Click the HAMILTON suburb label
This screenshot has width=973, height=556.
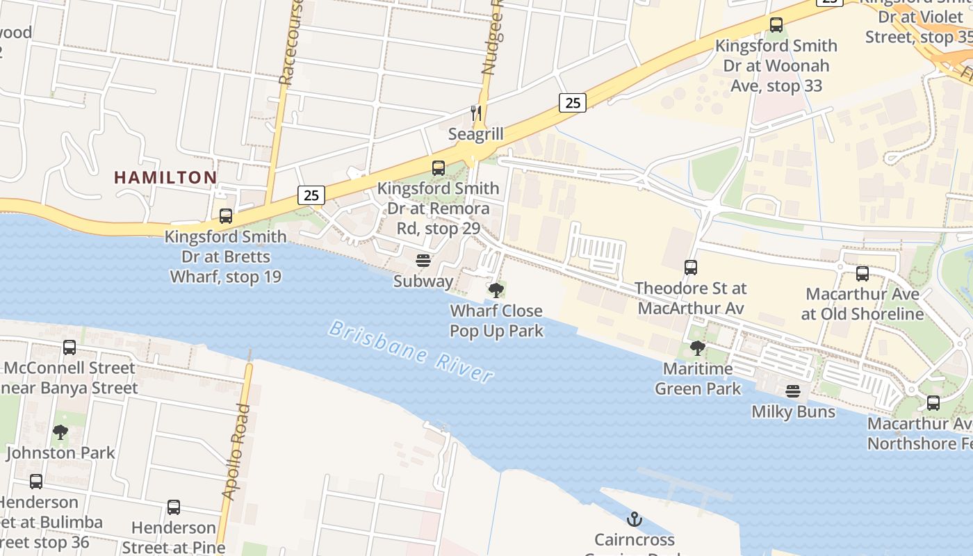coord(165,177)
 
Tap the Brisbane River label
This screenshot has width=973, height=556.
coord(411,351)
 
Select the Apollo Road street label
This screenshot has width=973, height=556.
coord(236,451)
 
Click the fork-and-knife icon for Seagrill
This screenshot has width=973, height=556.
coord(476,113)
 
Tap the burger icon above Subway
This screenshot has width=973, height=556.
coord(423,261)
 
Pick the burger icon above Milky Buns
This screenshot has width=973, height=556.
coord(793,391)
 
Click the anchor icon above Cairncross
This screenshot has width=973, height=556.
coord(634,519)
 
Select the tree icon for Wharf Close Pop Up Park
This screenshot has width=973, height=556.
coord(496,291)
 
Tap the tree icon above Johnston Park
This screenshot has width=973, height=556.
coord(60,432)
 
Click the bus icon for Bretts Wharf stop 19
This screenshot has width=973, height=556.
coord(226,216)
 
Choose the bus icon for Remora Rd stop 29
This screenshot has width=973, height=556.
coord(439,167)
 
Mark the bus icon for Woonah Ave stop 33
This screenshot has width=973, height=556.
coord(776,25)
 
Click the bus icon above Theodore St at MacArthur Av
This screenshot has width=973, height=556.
coord(690,268)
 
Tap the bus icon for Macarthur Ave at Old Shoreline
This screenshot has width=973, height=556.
coord(862,274)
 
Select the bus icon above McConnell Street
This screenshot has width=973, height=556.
coord(69,347)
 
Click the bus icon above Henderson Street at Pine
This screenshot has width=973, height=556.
coord(174,507)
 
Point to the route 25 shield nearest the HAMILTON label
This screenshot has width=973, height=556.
coord(311,195)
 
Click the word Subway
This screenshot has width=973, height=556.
coord(423,281)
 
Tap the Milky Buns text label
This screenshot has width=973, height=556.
coord(793,411)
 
